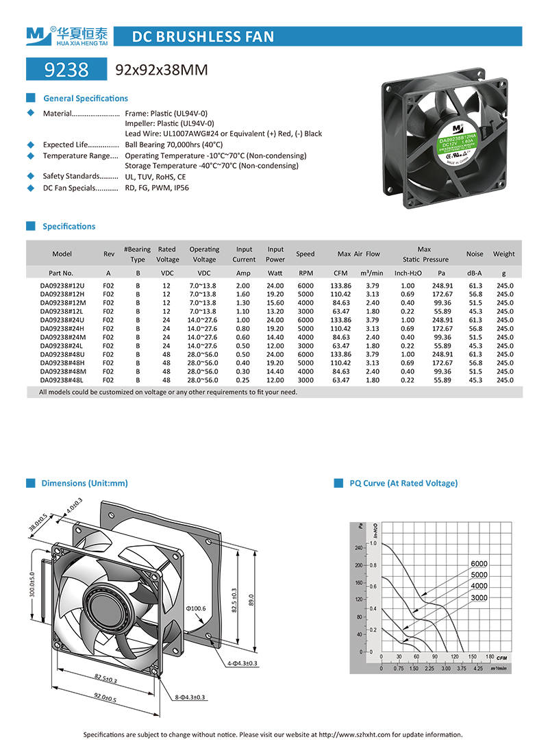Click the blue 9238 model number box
tap(66, 69)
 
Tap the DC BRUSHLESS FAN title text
tap(202, 36)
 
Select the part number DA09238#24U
tap(62, 319)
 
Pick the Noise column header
tap(475, 254)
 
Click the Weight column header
tap(503, 254)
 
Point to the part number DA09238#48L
tap(62, 380)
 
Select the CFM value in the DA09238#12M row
tap(340, 302)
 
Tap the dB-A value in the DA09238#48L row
tap(475, 380)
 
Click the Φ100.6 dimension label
tap(195, 608)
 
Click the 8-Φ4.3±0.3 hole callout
tap(190, 697)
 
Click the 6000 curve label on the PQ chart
tap(479, 564)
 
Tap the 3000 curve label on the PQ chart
tap(479, 598)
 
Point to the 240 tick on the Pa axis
tap(358, 548)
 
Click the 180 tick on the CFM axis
tap(489, 658)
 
